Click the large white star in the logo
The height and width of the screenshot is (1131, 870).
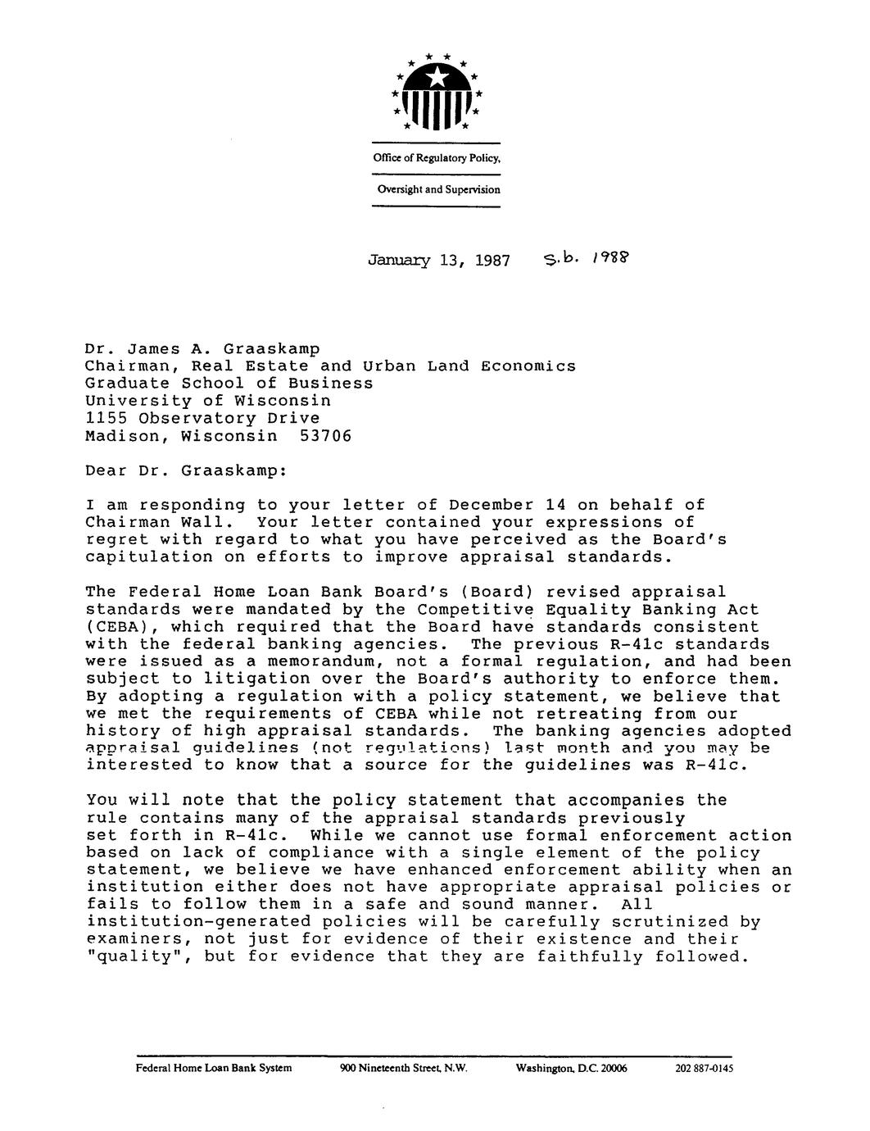coord(437,77)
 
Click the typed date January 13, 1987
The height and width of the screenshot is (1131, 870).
coord(439,261)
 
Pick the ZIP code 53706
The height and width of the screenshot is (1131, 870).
coord(325,436)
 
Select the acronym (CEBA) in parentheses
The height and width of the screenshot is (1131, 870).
coord(116,627)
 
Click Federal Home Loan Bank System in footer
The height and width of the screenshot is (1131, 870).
coord(214,1070)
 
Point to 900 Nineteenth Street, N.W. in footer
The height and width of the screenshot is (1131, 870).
coord(403,1070)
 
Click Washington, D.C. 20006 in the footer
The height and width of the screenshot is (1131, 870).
coord(571,1070)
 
